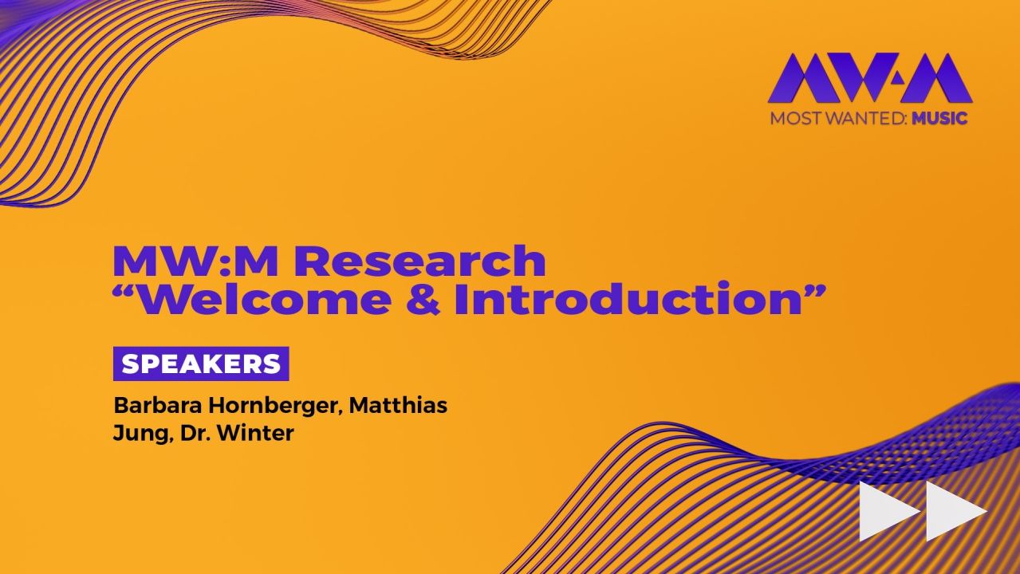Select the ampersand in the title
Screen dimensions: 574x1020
coord(421,300)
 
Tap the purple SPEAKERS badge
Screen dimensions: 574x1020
coord(201,364)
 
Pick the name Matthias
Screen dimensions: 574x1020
coord(398,406)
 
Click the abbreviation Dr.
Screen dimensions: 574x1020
coord(193,434)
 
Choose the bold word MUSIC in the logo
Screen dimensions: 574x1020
coord(940,119)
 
